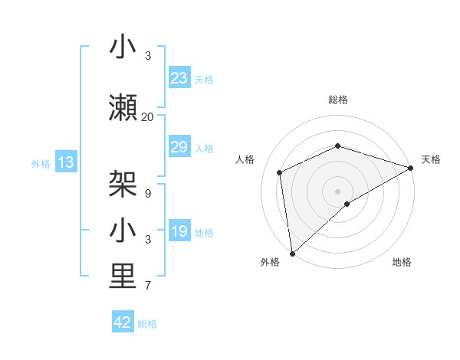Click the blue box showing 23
click(179, 78)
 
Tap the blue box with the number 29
click(179, 148)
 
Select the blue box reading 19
click(179, 232)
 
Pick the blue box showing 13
click(66, 162)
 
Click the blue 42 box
click(123, 322)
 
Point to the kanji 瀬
click(123, 109)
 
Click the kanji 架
click(123, 185)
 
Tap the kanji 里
click(123, 277)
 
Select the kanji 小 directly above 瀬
click(123, 47)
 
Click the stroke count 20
click(148, 117)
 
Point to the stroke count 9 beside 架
click(148, 194)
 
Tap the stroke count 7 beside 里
click(148, 286)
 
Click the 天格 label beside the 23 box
click(204, 79)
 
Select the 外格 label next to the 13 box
click(41, 163)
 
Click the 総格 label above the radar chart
click(338, 100)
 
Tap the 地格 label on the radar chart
click(402, 262)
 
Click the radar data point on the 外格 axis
click(292, 253)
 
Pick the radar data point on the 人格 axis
click(280, 172)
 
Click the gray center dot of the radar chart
click(338, 191)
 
